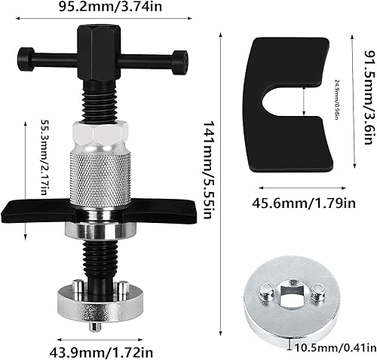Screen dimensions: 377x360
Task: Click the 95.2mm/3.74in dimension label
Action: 110,6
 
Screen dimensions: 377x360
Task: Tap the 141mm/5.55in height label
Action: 210,170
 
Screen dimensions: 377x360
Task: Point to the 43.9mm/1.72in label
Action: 101,352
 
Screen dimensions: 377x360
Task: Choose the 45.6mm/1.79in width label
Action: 304,203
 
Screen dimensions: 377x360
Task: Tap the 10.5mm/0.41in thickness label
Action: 336,348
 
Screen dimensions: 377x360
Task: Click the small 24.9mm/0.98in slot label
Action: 337,99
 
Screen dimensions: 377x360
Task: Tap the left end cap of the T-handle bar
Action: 26,59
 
